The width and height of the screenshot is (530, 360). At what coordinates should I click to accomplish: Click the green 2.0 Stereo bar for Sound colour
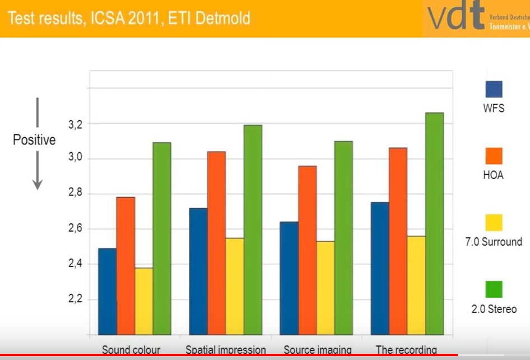(x=162, y=239)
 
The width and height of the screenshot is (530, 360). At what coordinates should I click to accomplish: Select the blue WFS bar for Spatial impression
(x=198, y=272)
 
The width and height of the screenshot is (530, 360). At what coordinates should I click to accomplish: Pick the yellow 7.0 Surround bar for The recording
(x=416, y=286)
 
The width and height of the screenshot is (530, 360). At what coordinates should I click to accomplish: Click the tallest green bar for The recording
(x=434, y=224)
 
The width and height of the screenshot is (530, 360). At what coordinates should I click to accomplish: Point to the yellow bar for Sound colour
(x=143, y=301)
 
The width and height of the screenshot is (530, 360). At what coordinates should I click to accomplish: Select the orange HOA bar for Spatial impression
(x=216, y=243)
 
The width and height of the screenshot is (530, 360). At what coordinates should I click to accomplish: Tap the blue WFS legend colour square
(x=494, y=90)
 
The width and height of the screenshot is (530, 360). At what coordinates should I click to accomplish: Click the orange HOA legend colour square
(x=494, y=156)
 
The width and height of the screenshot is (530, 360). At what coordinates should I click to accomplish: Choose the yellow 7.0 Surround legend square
(x=494, y=223)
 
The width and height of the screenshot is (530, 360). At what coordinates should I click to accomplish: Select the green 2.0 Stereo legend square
(x=494, y=289)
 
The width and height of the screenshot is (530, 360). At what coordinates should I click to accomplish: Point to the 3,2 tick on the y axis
(x=76, y=124)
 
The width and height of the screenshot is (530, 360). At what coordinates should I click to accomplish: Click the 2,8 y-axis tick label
(x=76, y=194)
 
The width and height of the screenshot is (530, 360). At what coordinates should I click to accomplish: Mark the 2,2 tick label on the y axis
(x=76, y=299)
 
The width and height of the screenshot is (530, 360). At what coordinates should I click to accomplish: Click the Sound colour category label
(x=131, y=350)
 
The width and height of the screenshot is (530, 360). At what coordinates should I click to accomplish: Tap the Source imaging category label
(x=318, y=350)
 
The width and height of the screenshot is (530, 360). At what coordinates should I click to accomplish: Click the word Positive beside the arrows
(x=34, y=140)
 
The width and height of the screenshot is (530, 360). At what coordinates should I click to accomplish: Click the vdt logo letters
(x=455, y=17)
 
